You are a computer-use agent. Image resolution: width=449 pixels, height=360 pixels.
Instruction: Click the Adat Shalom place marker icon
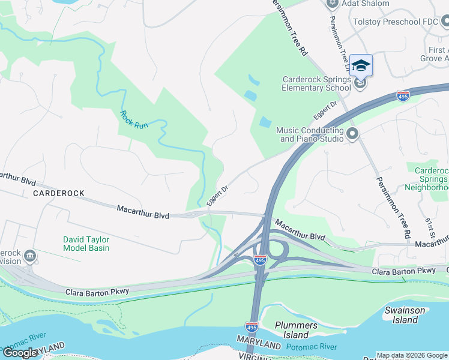(x=332, y=4)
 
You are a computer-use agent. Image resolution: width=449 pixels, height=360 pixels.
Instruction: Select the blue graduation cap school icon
(x=361, y=65)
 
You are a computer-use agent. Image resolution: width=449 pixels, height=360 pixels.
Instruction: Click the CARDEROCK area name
(x=58, y=193)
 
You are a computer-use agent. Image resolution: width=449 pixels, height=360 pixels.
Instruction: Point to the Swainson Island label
(x=405, y=315)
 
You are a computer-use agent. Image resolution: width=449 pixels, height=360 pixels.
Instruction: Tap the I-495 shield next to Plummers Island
(x=252, y=327)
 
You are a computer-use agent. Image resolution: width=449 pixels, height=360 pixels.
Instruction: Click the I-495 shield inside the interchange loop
(x=260, y=260)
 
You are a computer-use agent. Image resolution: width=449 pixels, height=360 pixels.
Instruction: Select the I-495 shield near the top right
(x=403, y=96)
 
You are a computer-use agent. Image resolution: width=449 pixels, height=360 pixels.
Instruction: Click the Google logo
(x=20, y=353)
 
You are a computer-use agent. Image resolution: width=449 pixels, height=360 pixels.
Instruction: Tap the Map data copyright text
(x=412, y=355)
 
